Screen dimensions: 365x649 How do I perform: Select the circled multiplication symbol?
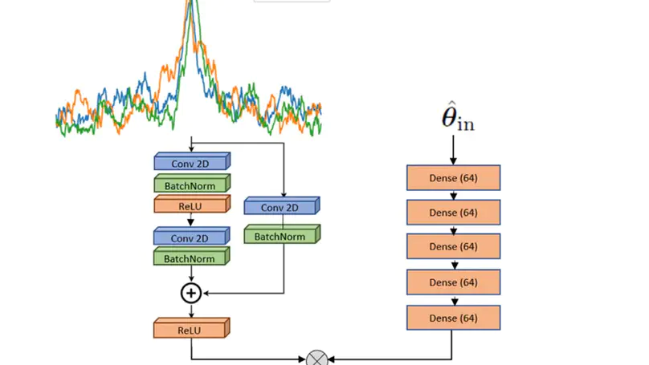pyautogui.click(x=318, y=359)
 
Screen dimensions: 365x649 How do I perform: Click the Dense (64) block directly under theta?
pyautogui.click(x=453, y=177)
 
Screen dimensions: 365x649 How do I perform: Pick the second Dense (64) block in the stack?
pyautogui.click(x=453, y=213)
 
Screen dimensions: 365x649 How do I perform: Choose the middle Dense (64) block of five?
pyautogui.click(x=453, y=247)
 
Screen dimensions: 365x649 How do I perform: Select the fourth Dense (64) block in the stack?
pyautogui.click(x=453, y=282)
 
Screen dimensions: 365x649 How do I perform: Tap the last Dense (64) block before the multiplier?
pyautogui.click(x=453, y=318)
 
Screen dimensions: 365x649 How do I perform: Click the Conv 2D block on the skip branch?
pyautogui.click(x=281, y=207)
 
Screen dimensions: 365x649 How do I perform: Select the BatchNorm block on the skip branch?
pyautogui.click(x=281, y=236)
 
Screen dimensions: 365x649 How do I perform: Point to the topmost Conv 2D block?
pyautogui.click(x=191, y=163)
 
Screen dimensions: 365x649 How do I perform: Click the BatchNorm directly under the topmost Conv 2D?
pyautogui.click(x=191, y=185)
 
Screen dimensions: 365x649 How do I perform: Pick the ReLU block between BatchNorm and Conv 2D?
pyautogui.click(x=191, y=205)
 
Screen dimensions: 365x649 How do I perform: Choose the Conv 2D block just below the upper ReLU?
pyautogui.click(x=191, y=237)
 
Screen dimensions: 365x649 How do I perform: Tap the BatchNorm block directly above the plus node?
pyautogui.click(x=191, y=258)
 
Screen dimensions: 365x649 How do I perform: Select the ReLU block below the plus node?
pyautogui.click(x=191, y=328)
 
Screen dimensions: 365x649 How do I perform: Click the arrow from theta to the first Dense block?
pyautogui.click(x=453, y=150)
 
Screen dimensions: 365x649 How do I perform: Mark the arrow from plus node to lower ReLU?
pyautogui.click(x=191, y=310)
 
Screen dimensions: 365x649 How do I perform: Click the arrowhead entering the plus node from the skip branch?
pyautogui.click(x=206, y=293)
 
